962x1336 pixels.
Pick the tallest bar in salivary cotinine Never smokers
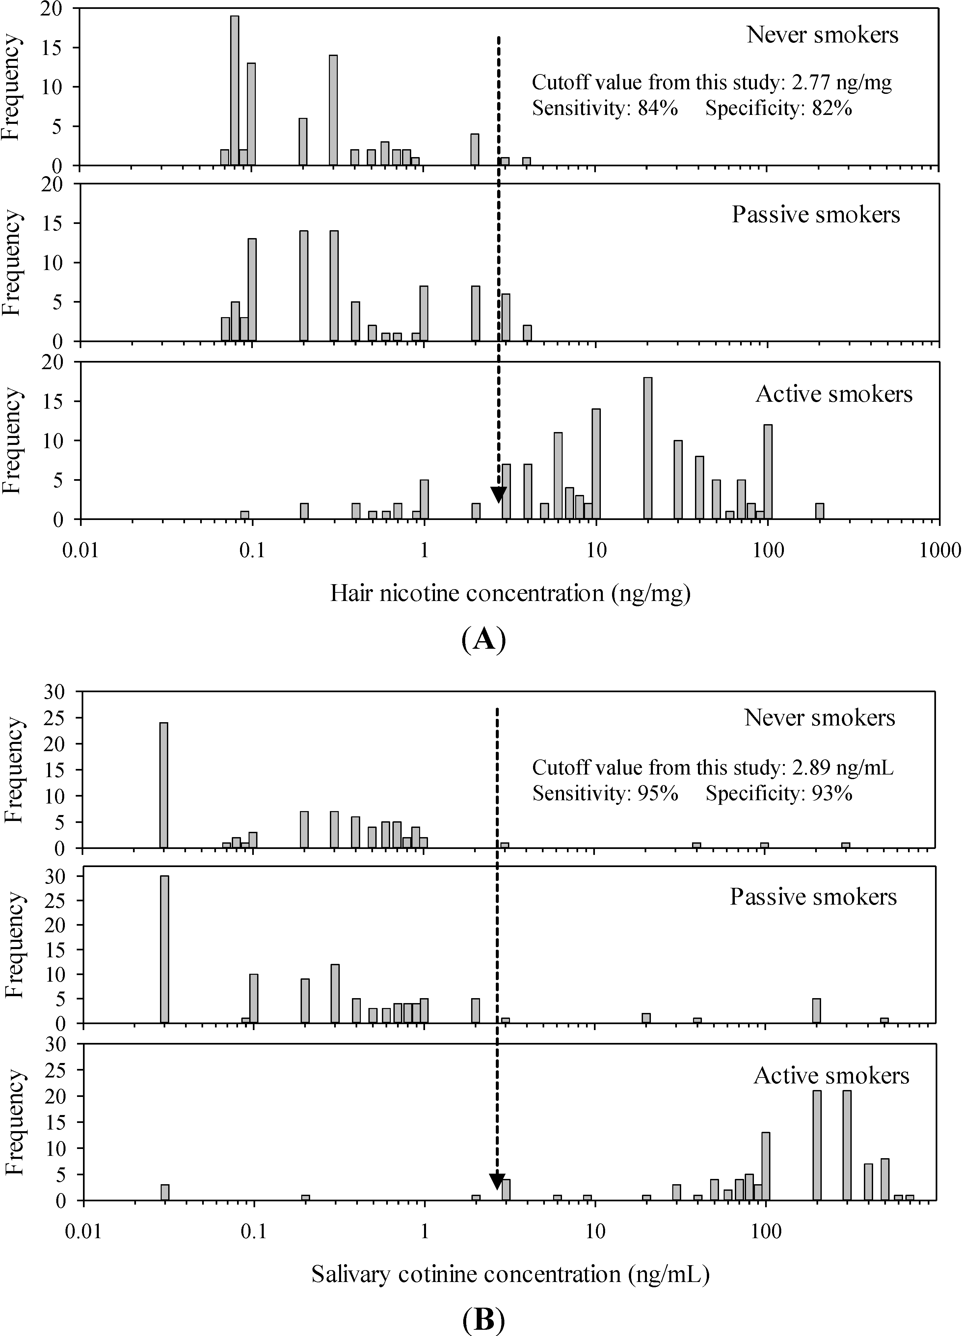pos(164,785)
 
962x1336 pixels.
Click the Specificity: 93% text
pos(779,794)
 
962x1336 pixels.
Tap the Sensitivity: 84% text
pos(605,108)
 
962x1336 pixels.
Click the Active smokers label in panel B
pos(831,1076)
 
